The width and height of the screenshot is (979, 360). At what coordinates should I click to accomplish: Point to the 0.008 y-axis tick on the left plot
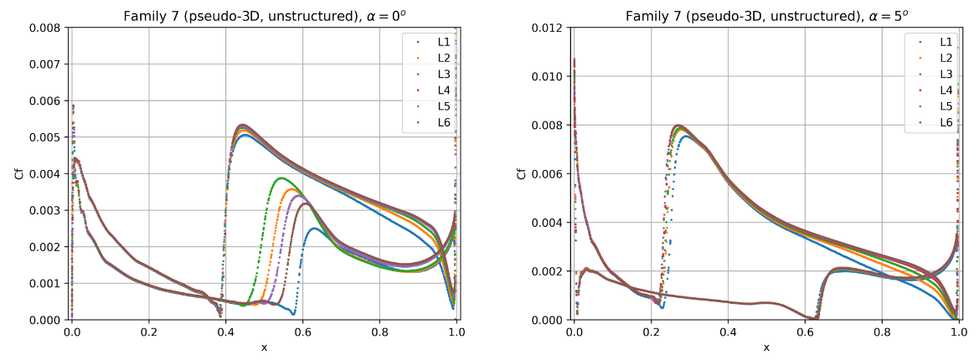48,28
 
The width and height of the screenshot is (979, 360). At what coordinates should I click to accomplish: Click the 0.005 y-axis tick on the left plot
48,137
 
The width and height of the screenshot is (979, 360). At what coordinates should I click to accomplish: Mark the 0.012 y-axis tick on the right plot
549,28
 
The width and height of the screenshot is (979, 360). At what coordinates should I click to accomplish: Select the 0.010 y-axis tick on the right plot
549,76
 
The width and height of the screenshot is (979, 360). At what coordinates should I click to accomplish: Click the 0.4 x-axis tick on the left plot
226,332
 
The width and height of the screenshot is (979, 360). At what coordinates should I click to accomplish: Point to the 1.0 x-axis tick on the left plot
457,332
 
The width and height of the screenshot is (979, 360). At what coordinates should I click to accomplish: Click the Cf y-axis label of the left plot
18,173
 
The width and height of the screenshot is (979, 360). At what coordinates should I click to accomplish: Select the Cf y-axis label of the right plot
521,173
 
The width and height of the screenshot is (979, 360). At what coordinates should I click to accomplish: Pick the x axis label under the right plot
766,347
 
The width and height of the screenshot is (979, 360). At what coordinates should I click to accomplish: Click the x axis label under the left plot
265,347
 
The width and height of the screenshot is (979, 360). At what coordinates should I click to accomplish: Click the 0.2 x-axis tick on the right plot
652,332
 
